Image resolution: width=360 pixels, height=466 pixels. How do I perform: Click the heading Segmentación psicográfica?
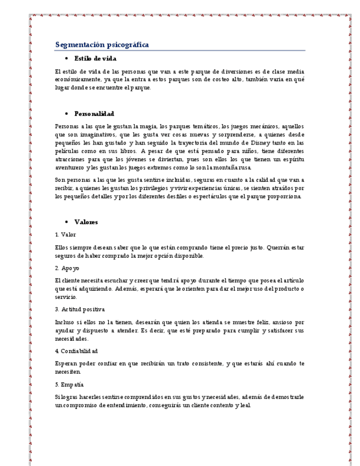point(102,45)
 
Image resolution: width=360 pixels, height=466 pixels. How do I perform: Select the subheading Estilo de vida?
point(95,58)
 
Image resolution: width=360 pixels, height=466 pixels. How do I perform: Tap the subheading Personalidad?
point(94,114)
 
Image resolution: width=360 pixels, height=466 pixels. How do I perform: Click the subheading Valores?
point(86,222)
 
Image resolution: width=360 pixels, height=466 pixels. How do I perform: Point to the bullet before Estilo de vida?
point(66,58)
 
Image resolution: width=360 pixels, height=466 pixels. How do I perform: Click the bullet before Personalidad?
point(66,114)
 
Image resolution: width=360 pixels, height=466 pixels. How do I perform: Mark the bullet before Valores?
point(66,222)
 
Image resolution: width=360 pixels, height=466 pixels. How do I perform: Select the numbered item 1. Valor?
point(66,235)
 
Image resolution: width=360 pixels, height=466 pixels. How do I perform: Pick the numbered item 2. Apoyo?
point(67,268)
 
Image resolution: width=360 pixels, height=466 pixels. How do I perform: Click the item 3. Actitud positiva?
point(80,309)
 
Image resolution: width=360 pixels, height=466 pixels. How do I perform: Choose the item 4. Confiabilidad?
point(76,351)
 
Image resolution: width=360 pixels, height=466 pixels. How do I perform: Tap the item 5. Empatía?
point(70,384)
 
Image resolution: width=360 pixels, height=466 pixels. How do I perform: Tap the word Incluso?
point(66,322)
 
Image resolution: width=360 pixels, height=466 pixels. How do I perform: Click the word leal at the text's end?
point(245,405)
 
